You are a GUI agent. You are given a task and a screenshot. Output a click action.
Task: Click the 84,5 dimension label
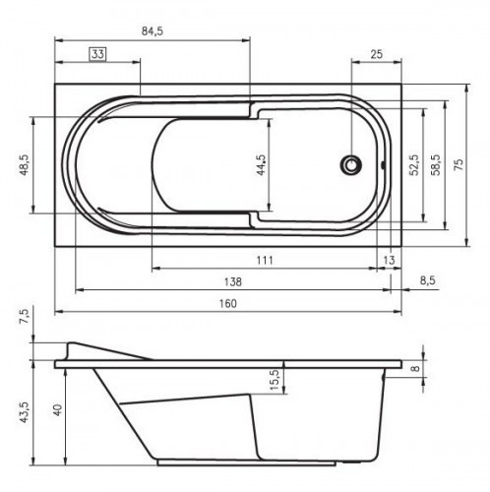(x=152, y=31)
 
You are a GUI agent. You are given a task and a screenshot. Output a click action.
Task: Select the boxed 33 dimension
(x=98, y=54)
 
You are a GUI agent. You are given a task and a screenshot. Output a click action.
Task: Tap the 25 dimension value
(x=377, y=54)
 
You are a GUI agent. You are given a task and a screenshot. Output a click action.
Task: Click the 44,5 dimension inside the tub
(x=261, y=163)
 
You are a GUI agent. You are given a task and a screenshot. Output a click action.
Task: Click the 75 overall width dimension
(x=459, y=166)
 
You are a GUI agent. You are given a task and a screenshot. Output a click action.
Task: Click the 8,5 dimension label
(x=428, y=280)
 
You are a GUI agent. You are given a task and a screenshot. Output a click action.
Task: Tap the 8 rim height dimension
(x=415, y=370)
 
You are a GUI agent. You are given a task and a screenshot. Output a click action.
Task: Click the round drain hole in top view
(x=350, y=166)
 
